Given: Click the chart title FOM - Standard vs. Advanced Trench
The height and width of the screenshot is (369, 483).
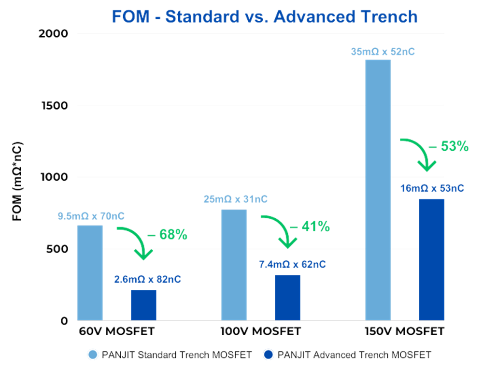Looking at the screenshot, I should click(x=264, y=16).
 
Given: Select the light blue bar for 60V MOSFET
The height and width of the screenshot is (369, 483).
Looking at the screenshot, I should click(x=90, y=272).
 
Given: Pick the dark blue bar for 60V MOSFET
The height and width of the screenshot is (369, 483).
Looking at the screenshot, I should click(x=143, y=305).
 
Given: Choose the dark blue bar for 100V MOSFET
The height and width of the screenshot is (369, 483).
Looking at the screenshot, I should click(x=288, y=298).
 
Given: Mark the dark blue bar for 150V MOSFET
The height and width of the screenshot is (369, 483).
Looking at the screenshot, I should click(x=431, y=259).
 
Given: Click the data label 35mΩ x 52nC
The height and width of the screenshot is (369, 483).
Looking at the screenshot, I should click(x=383, y=51).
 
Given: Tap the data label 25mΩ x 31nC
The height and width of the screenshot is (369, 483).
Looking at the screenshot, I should click(x=235, y=199).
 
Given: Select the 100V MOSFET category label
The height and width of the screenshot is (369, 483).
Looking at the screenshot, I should click(x=260, y=332).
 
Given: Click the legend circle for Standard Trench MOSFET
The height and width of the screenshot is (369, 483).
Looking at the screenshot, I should click(x=93, y=355).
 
